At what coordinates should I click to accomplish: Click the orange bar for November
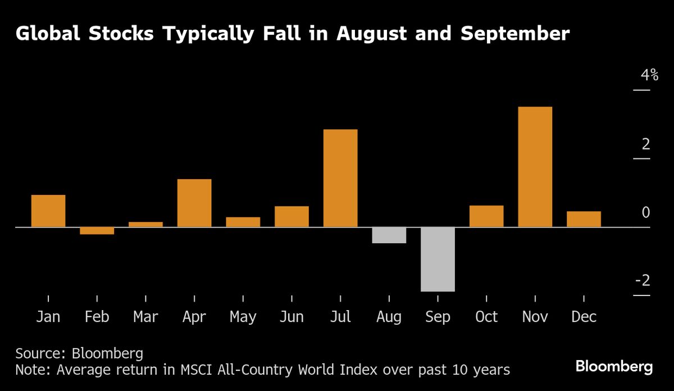click(535, 167)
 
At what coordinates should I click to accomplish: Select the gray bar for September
click(438, 259)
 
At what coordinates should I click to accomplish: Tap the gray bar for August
click(389, 235)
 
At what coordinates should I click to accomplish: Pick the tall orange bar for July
click(340, 178)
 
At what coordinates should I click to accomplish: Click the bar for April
click(194, 203)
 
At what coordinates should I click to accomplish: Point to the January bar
click(48, 211)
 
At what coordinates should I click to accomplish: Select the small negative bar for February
click(97, 230)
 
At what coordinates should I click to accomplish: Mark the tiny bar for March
click(145, 224)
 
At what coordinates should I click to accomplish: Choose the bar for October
click(486, 216)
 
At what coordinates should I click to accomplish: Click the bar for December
click(584, 219)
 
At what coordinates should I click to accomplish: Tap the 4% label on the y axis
click(646, 75)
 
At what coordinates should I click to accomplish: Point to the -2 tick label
click(642, 280)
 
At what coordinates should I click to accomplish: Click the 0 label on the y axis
click(646, 212)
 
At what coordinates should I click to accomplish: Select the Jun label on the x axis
click(292, 317)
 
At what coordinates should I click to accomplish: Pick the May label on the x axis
click(243, 317)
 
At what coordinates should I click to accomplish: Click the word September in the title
click(515, 34)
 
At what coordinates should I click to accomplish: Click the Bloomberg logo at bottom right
click(614, 367)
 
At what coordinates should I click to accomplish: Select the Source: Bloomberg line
click(79, 353)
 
